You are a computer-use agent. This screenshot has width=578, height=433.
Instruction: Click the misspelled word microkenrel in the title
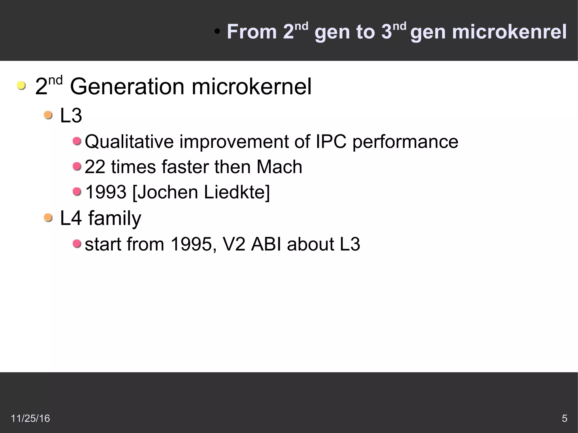pos(509,32)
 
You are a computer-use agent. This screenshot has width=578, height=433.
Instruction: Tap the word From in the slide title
pos(252,32)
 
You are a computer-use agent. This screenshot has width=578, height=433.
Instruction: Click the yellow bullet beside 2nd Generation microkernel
pos(21,85)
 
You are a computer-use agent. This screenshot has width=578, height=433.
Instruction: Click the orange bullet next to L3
pos(48,115)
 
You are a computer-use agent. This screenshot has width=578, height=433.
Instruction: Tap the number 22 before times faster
pos(95,167)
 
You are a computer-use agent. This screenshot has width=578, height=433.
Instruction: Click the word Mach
pos(279,167)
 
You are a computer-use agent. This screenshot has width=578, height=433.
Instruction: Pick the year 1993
pos(106,192)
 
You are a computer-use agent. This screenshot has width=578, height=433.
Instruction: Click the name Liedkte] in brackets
pos(237,192)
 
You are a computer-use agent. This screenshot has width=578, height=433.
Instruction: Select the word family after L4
pos(114,218)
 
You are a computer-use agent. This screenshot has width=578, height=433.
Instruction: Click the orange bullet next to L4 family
pos(48,217)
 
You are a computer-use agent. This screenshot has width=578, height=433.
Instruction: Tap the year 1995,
pos(194,244)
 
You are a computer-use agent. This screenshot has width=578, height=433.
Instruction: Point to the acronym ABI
pos(266,244)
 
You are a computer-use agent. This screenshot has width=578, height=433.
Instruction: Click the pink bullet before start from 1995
pos(77,243)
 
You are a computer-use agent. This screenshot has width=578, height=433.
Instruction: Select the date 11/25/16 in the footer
pos(30,418)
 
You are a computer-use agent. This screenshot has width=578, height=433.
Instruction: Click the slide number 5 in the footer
pos(564,418)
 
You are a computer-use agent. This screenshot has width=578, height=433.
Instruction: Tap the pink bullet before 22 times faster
pos(77,166)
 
